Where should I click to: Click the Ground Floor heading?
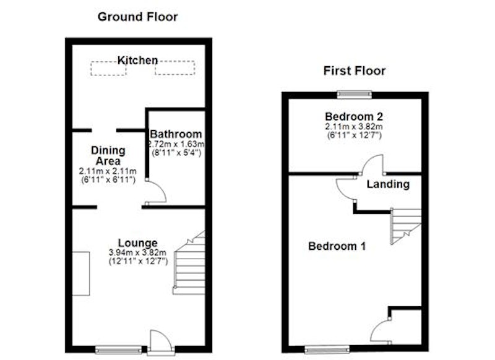(137, 17)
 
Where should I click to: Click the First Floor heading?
(354, 71)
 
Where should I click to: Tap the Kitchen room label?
(137, 60)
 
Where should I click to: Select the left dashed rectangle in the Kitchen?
(108, 68)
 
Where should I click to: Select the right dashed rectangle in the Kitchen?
(175, 67)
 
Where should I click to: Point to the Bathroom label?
(176, 134)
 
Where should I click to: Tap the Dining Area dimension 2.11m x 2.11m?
(108, 171)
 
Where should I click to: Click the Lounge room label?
(137, 243)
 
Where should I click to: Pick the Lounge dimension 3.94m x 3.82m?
(137, 252)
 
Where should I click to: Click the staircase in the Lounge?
(189, 262)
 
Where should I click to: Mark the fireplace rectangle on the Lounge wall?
(81, 273)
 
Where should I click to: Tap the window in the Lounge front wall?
(118, 349)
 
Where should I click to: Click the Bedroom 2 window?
(354, 95)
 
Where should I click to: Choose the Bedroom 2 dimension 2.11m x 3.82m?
(354, 127)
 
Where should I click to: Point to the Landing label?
(388, 184)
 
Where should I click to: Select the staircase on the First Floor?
(406, 226)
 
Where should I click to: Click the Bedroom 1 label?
(337, 246)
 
